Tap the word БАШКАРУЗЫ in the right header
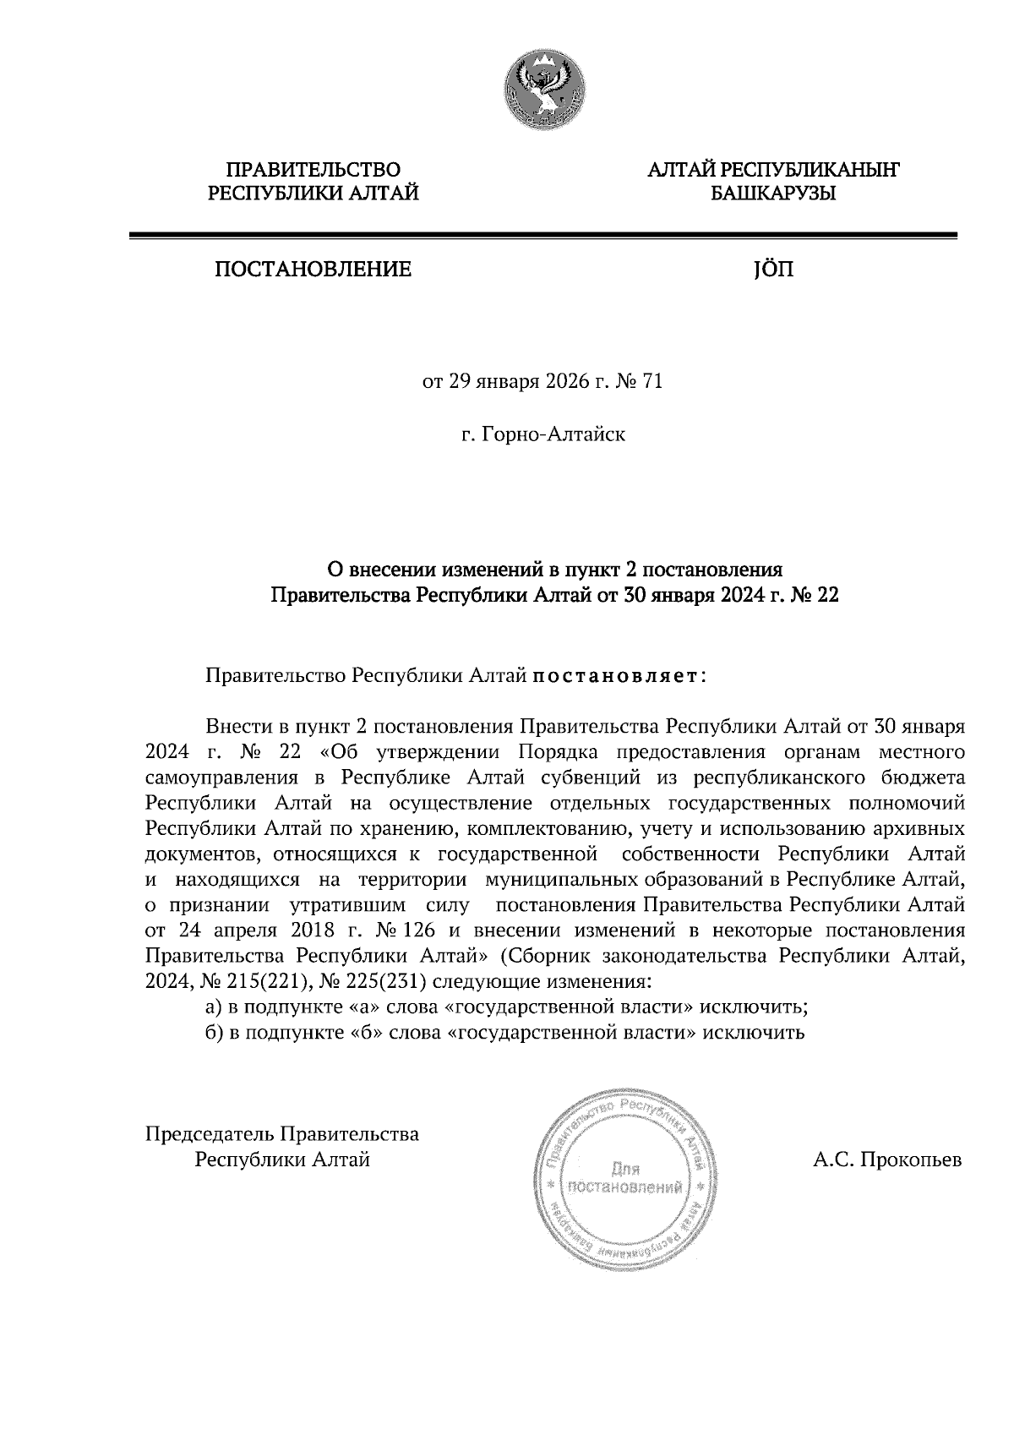click(772, 194)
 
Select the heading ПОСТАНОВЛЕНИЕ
click(313, 270)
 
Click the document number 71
click(652, 382)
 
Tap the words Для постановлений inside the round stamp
click(625, 1179)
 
